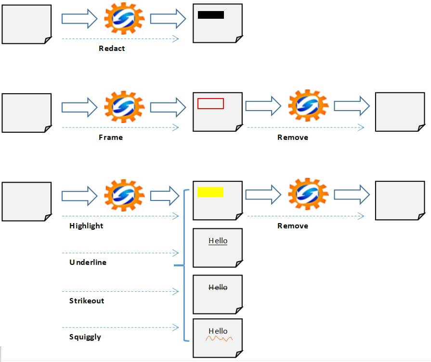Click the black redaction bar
(211, 15)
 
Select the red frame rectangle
(210, 103)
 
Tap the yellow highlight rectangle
(210, 192)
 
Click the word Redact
(112, 48)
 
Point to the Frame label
(111, 137)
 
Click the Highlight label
(86, 225)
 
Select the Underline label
(88, 262)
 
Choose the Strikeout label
(87, 300)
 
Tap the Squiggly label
(85, 337)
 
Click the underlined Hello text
(218, 241)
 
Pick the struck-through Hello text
(218, 287)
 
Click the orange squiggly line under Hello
(219, 339)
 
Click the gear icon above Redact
(124, 19)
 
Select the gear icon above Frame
(124, 107)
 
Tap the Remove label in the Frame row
(293, 137)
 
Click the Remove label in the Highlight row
(293, 225)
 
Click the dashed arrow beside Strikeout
(120, 291)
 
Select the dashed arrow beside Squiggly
(120, 328)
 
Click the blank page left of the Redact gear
(26, 24)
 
